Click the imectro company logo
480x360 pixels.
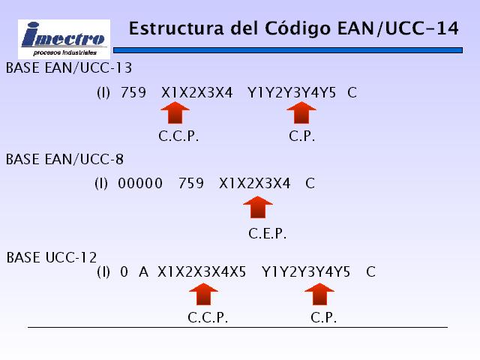pyautogui.click(x=64, y=39)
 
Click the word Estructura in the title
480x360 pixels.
pyautogui.click(x=176, y=28)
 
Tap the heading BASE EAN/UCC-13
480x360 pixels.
pyautogui.click(x=69, y=68)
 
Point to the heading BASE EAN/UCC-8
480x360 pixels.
pyautogui.click(x=64, y=159)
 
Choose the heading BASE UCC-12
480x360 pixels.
pyautogui.click(x=52, y=257)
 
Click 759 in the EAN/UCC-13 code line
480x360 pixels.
pyautogui.click(x=133, y=92)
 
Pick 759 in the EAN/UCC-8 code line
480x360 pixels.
pyautogui.click(x=191, y=183)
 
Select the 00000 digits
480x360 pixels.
pyautogui.click(x=140, y=183)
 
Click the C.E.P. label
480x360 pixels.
pyautogui.click(x=267, y=234)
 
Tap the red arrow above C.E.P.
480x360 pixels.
pyautogui.click(x=258, y=207)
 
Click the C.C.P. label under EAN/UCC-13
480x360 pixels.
pyautogui.click(x=178, y=136)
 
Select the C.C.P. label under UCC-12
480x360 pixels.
pyautogui.click(x=208, y=318)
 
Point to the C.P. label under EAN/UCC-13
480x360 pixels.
pyautogui.click(x=301, y=136)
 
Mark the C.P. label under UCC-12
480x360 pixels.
pyautogui.click(x=323, y=318)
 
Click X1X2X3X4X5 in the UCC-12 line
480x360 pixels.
pyautogui.click(x=202, y=271)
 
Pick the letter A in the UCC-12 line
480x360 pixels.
pyautogui.click(x=143, y=271)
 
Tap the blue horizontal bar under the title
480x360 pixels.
pyautogui.click(x=288, y=50)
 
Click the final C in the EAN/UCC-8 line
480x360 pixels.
pyautogui.click(x=310, y=183)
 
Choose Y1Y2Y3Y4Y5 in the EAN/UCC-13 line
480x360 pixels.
pyautogui.click(x=292, y=92)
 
